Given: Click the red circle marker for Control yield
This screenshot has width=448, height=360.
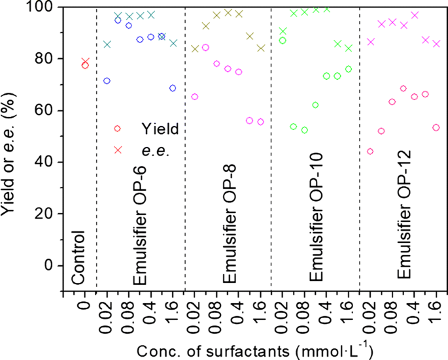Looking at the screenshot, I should click(85, 65).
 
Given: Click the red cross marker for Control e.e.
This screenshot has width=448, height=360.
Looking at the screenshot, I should click(85, 61).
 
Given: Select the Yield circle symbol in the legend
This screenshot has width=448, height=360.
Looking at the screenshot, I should click(118, 129).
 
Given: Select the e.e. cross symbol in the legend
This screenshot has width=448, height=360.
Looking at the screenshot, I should click(118, 150).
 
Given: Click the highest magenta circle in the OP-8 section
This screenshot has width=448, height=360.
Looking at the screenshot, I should click(205, 47).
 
